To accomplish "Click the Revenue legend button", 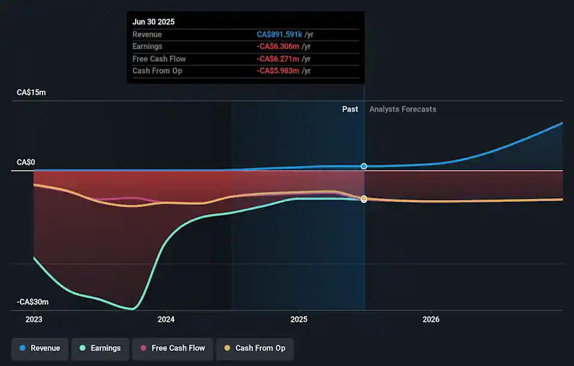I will (40, 348).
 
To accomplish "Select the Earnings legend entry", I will (99, 348).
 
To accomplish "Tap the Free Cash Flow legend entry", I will (172, 348).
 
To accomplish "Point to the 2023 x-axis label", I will (34, 319).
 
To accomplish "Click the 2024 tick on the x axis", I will (166, 319).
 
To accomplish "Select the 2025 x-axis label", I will (299, 319).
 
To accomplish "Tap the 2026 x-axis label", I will (431, 319).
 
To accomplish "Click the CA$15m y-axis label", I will (31, 93).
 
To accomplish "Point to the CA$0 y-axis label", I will (26, 162).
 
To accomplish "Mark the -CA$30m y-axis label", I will (32, 302).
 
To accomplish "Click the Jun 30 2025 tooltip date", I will (154, 22).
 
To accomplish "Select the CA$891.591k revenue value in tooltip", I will (279, 35).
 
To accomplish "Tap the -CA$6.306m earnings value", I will (279, 47).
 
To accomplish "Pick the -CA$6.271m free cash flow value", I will (279, 59).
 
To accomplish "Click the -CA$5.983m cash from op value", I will (279, 70).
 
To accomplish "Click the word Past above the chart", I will (350, 109).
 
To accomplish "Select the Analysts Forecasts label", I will (403, 109).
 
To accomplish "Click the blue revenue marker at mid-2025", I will (364, 166).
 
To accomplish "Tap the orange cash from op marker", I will (364, 198).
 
